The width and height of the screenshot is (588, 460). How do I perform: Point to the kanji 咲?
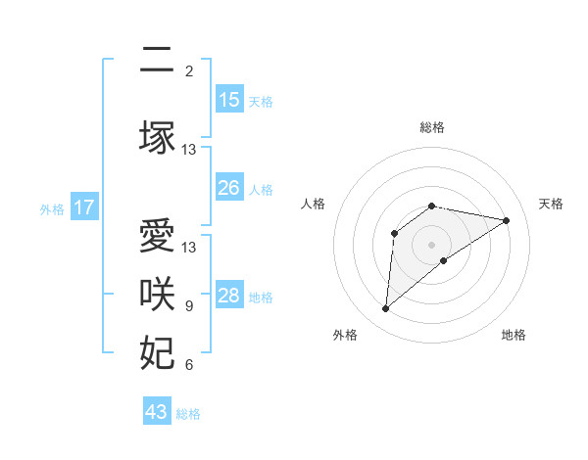pos(157,295)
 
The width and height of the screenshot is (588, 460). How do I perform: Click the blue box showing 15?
pos(228,100)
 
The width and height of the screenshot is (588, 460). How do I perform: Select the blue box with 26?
pos(228,188)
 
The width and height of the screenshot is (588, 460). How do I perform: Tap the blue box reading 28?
pos(228,296)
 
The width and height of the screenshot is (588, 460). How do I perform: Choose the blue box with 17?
pos(83,207)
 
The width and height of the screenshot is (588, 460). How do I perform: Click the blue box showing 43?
pos(157,412)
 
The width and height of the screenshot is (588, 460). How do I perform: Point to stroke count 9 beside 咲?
pos(189,306)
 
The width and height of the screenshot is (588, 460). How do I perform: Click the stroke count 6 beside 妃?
pos(189,365)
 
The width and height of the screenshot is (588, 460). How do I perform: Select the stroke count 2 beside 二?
pos(189,71)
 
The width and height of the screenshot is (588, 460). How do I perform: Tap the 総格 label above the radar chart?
pos(432,127)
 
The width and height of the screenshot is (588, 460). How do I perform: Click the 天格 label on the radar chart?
pos(552,204)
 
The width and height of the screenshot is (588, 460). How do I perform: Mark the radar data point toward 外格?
pos(385,309)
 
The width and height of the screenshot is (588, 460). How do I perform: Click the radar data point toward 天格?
pos(506,219)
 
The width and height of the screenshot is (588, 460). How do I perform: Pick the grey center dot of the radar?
pos(431,243)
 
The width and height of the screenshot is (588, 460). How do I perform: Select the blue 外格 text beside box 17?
pos(52,208)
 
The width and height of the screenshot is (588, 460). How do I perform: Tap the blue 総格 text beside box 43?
pos(188,413)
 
